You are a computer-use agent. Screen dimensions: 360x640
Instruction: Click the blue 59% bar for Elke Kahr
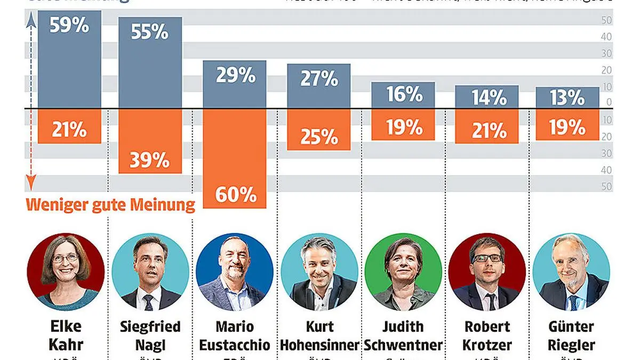point(69,59)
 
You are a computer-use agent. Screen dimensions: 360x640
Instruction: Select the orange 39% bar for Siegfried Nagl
point(150,141)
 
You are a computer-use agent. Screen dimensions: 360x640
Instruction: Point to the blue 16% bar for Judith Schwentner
point(403,95)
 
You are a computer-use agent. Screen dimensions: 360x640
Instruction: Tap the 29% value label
point(235,75)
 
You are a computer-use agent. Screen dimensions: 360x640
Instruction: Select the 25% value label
point(319,138)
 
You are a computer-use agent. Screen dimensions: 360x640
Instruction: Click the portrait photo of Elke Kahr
point(66,272)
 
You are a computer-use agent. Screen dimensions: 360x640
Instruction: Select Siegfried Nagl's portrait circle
point(150,272)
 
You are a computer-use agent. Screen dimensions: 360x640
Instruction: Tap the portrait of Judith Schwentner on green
point(403,272)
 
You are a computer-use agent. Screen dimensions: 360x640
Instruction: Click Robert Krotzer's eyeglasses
point(487,258)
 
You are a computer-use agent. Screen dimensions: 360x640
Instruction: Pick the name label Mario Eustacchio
point(235,335)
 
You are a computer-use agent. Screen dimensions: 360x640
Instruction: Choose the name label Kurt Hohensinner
point(319,335)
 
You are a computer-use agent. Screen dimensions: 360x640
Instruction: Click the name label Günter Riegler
point(571,335)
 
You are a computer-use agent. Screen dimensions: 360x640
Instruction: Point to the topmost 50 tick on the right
point(607,20)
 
